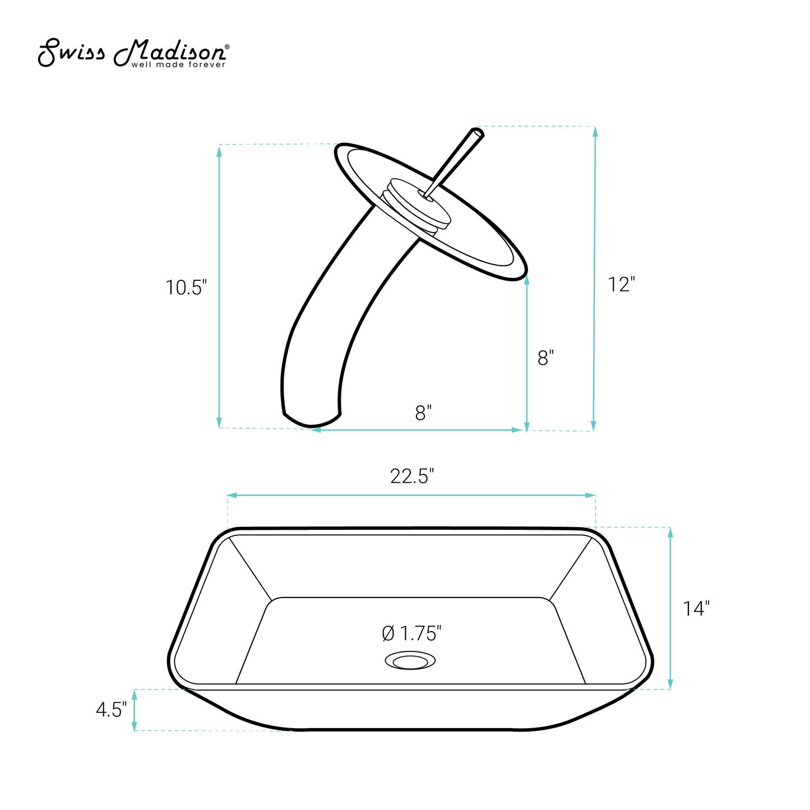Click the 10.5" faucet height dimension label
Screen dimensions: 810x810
186,288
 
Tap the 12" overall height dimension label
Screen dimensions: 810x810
621,284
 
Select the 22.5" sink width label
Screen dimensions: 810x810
412,476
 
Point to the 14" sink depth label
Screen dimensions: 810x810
696,608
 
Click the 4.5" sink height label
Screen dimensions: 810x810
111,710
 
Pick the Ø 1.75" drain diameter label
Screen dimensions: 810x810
412,633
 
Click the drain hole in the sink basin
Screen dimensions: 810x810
410,660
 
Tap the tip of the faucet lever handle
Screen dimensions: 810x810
478,132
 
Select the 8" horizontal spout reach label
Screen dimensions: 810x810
423,413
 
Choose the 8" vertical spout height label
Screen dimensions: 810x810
545,358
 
